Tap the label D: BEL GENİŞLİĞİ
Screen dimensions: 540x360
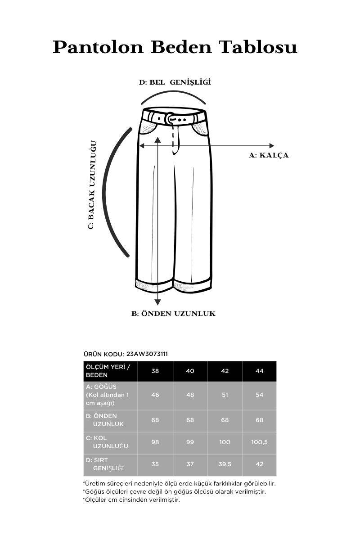point(175,82)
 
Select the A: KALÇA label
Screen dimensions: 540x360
point(269,155)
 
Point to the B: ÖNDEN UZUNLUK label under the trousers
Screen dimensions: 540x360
point(173,314)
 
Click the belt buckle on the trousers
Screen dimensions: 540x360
point(170,118)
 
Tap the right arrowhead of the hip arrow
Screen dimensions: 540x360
point(271,145)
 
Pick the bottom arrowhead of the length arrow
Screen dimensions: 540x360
point(157,302)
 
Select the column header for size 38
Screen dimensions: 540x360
point(155,371)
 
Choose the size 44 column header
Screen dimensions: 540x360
point(259,371)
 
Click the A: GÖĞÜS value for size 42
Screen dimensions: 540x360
point(225,395)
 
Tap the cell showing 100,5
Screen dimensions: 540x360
point(259,442)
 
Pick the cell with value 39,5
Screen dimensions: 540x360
point(225,464)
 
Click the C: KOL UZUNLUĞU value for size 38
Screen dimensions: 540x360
point(155,442)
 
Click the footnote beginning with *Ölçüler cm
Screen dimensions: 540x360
point(131,499)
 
